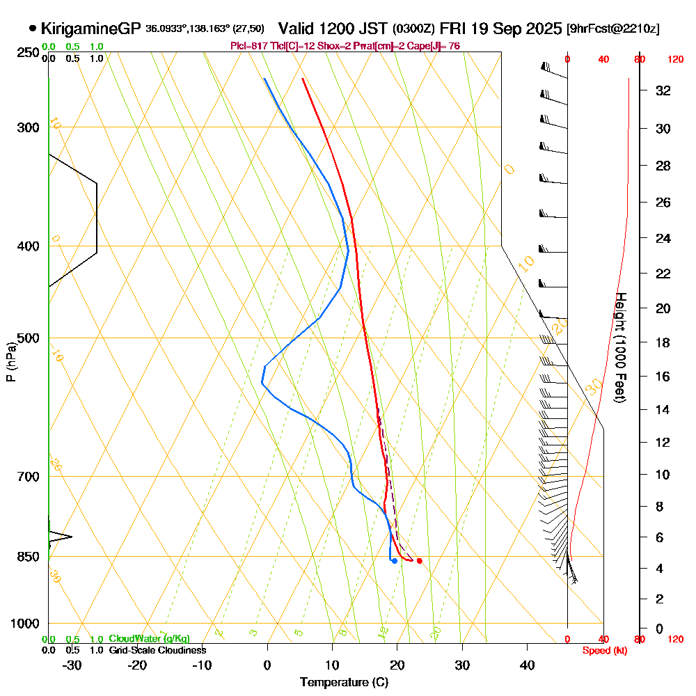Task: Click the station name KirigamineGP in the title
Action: coord(91,29)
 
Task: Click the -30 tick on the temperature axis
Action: coord(72,665)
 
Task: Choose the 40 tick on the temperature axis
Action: coord(527,665)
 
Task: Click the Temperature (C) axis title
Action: coord(344,683)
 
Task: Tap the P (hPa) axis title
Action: coord(10,362)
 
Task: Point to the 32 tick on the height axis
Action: coord(663,90)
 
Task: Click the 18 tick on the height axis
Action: coord(663,342)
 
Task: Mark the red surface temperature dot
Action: coord(419,561)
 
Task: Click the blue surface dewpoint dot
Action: coord(395,561)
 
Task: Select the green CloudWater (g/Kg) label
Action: coord(149,639)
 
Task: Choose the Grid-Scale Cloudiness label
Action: coord(157,650)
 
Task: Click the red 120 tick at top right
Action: coord(675,60)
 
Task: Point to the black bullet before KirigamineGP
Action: coord(33,29)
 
